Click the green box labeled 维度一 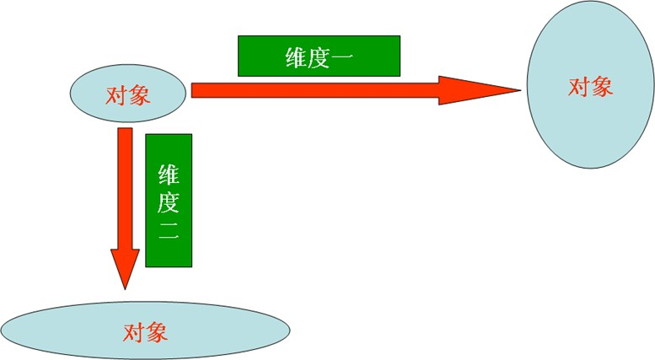(319, 56)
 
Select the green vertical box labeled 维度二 (169, 201)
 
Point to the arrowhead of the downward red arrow (125, 269)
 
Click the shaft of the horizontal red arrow (315, 90)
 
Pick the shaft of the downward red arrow (125, 189)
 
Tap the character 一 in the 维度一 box (342, 57)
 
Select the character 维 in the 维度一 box (296, 57)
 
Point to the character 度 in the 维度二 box (169, 202)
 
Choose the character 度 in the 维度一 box (319, 57)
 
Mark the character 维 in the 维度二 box (169, 175)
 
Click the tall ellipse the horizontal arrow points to (591, 85)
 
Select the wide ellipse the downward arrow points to (145, 330)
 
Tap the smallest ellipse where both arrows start (128, 93)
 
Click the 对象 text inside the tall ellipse (590, 87)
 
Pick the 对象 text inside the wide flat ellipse (145, 333)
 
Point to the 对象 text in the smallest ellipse (128, 95)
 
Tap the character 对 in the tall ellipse (579, 87)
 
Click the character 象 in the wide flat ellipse (157, 333)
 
